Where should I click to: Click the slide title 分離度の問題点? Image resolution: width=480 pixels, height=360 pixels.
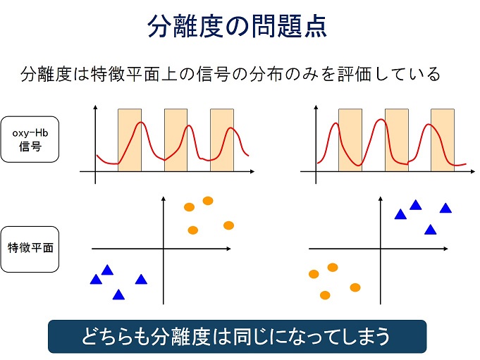tap(238, 26)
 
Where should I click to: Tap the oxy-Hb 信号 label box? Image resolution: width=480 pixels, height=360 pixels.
tap(30, 139)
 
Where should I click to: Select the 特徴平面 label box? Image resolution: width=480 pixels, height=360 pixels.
tap(30, 249)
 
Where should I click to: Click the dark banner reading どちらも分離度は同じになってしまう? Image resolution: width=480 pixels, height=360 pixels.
tap(238, 337)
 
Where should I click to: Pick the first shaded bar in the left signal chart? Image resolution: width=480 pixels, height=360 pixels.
tap(130, 140)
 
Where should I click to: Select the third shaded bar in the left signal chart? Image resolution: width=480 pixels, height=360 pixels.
tap(222, 140)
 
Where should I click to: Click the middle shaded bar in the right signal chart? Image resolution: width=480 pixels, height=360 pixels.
tap(397, 140)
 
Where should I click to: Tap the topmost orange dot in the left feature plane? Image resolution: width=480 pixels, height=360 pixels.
tap(208, 201)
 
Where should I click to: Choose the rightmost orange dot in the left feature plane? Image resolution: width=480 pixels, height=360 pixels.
tap(228, 225)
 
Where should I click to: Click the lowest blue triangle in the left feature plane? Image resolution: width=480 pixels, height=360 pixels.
tap(118, 295)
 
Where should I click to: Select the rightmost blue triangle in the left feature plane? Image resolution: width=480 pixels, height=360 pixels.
tap(141, 280)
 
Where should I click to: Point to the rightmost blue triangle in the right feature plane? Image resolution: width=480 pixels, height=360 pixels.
tap(445, 209)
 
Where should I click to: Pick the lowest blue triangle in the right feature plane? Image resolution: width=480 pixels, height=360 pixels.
tap(431, 230)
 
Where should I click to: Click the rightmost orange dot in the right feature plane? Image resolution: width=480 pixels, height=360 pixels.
tap(355, 287)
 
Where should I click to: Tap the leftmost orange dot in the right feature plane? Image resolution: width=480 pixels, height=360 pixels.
tap(314, 274)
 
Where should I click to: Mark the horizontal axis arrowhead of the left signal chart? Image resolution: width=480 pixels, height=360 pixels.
tap(252, 172)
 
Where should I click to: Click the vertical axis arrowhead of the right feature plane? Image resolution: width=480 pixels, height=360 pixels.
tap(381, 199)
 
